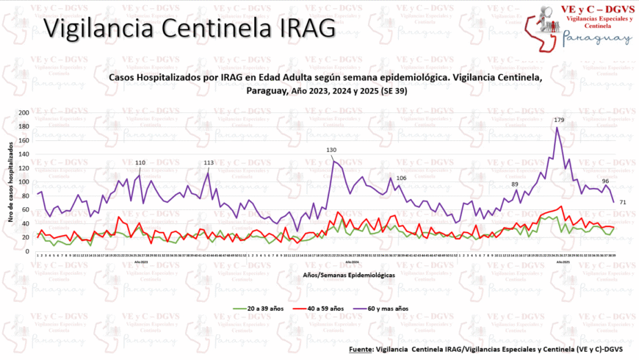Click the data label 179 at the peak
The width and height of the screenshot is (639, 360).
(559, 120)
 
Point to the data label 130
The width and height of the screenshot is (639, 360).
(331, 150)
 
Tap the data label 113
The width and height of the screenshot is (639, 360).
(209, 163)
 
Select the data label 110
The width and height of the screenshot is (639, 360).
(140, 162)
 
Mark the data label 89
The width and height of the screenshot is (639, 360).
(515, 184)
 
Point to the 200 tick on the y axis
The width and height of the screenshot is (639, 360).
(24, 113)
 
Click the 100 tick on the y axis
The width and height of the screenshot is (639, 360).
(24, 181)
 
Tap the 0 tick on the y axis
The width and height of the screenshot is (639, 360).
(29, 251)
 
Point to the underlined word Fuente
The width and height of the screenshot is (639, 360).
(361, 350)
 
